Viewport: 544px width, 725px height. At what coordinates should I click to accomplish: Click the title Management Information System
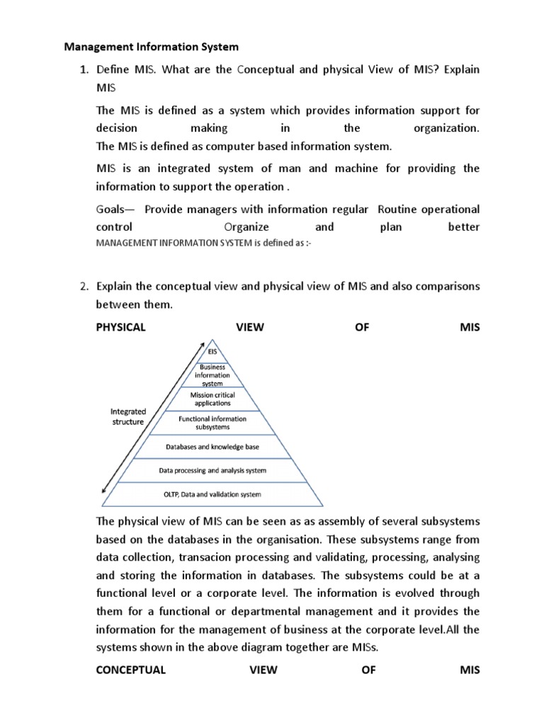152,47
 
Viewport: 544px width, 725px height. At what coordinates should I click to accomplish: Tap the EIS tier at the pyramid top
212,351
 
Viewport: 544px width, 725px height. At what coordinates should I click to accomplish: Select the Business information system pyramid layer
212,375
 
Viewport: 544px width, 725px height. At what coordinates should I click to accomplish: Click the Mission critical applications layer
212,399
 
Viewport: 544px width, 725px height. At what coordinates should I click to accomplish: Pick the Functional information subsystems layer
212,423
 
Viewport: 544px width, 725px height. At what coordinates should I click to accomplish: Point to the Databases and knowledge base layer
212,447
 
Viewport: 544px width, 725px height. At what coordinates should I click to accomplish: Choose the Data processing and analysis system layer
212,470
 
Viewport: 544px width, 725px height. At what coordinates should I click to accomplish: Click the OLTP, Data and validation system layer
212,494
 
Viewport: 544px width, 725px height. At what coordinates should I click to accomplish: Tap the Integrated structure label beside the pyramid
127,416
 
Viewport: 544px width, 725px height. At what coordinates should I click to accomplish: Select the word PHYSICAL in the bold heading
120,327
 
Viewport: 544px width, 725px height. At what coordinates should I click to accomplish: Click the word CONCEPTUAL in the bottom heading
130,670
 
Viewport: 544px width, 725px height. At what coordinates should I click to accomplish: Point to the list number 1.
83,70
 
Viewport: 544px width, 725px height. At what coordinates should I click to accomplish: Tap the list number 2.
83,287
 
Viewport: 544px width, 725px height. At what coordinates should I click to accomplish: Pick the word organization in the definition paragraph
446,129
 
